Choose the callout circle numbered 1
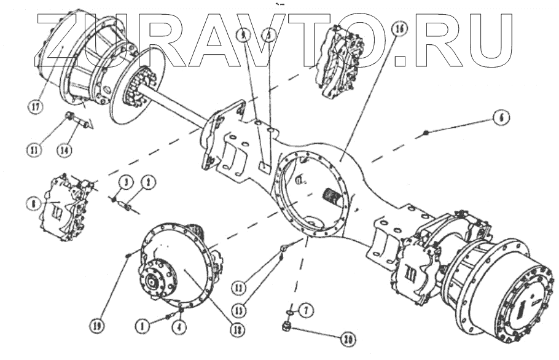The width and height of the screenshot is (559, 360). coord(143,327)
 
